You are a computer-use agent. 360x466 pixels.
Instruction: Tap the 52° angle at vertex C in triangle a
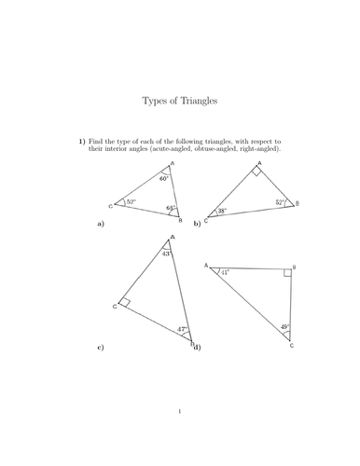click(131, 202)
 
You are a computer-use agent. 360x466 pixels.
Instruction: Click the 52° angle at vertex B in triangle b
click(280, 202)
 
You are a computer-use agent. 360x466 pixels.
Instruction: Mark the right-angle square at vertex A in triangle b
click(254, 172)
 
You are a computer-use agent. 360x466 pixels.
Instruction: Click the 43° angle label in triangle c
click(167, 254)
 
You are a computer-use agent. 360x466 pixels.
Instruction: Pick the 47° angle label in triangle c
click(183, 329)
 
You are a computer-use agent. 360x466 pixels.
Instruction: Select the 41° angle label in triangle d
click(225, 272)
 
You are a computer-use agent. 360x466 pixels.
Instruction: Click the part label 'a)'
click(100, 225)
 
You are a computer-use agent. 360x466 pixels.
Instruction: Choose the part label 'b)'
click(197, 225)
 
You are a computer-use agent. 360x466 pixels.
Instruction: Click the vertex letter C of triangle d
click(291, 346)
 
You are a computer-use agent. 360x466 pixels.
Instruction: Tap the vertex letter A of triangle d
click(206, 266)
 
